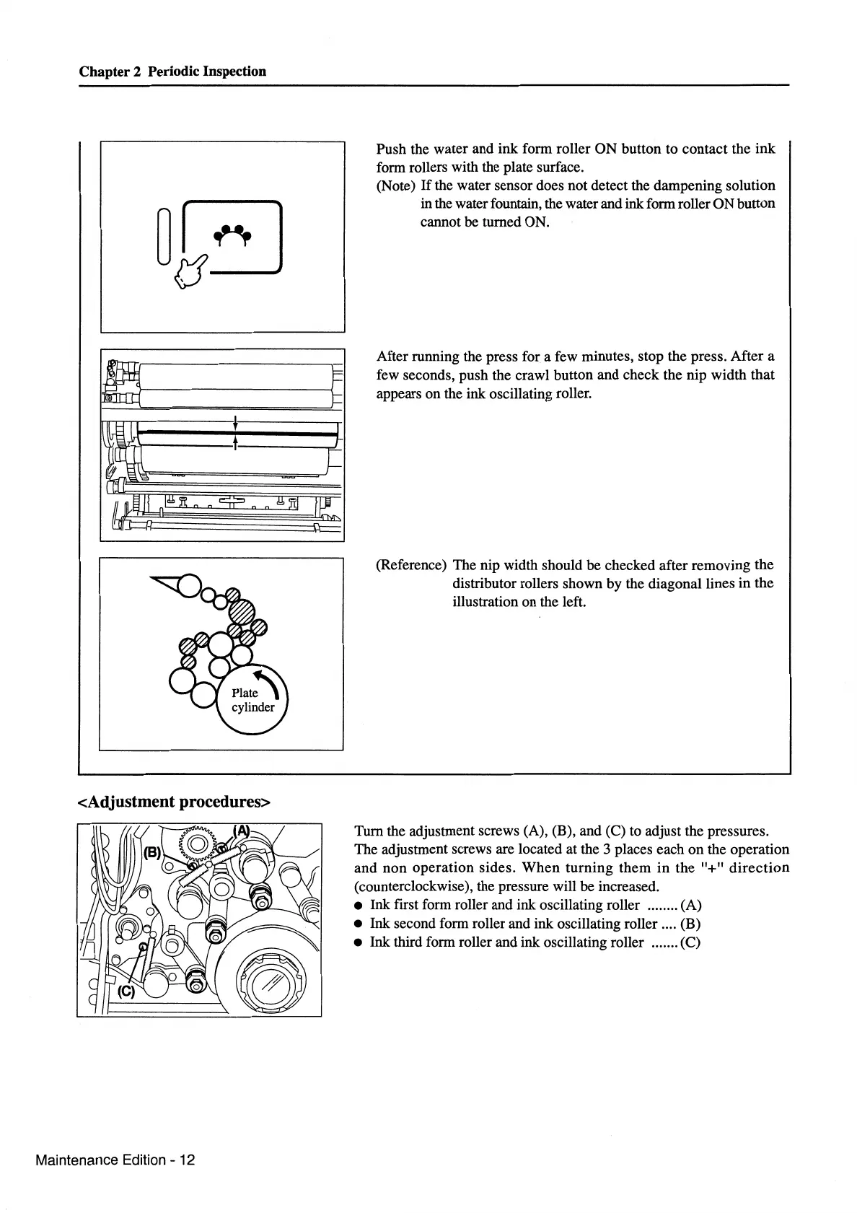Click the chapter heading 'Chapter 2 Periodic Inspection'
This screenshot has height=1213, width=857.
(172, 71)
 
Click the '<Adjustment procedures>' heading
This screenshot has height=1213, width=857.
(174, 802)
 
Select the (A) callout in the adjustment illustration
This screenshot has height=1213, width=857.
(241, 831)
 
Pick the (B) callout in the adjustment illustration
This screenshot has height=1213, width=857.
(153, 852)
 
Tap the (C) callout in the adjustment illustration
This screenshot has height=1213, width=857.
(126, 991)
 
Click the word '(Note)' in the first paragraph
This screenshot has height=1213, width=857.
(396, 185)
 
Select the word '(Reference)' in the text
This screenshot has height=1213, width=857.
(411, 565)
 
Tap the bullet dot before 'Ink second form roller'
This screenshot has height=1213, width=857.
(359, 924)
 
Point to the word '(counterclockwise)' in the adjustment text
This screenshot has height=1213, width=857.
(413, 887)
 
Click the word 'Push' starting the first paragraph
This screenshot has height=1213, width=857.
(391, 149)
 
